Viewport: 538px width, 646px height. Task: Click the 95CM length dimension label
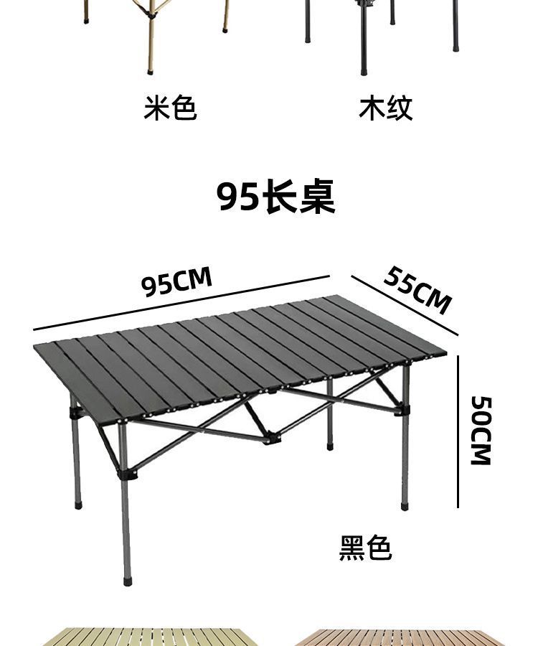pos(177,281)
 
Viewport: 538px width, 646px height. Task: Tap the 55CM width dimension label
pos(417,289)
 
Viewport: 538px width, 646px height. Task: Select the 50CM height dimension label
pos(481,429)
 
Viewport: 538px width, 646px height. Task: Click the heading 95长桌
pos(276,196)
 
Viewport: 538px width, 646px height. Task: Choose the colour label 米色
pos(170,108)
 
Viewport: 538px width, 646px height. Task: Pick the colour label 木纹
pos(386,108)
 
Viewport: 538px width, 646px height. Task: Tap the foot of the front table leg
pos(128,575)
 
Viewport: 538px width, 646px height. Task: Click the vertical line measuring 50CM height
pos(458,431)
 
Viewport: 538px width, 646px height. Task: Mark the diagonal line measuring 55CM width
pos(404,304)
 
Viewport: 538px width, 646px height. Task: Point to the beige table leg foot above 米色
pos(151,69)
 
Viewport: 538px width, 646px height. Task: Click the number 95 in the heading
pos(238,196)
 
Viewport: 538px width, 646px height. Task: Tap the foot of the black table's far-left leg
pos(78,504)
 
